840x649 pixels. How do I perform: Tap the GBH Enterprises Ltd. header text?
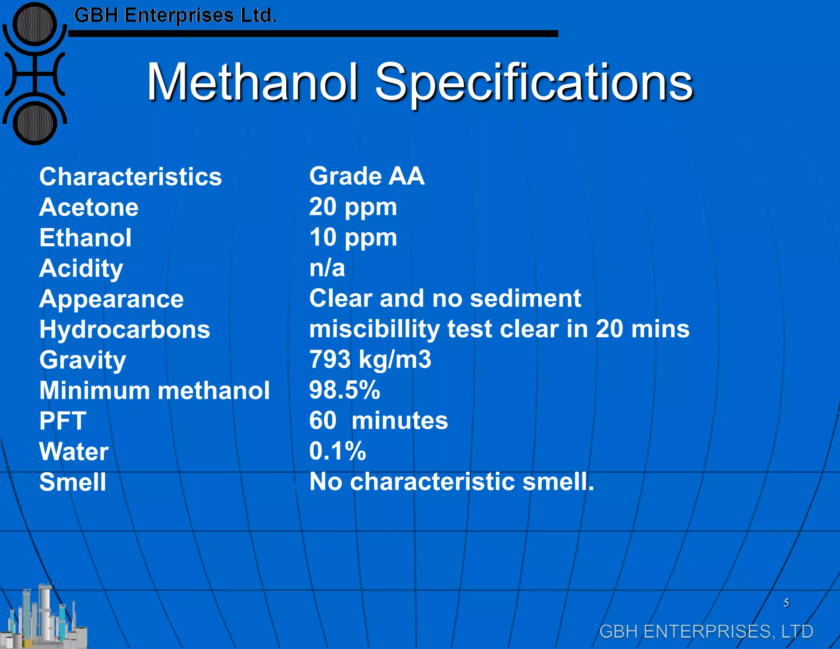tap(175, 16)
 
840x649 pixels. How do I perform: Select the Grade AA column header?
tap(367, 176)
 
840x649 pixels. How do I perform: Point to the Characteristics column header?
tap(130, 177)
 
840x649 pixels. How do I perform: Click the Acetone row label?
tap(89, 207)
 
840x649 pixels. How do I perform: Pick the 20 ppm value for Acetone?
tap(353, 207)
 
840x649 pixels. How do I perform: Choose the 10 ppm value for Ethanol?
tap(353, 238)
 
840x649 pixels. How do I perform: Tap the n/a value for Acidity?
tap(327, 268)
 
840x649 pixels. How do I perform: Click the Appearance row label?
tap(112, 299)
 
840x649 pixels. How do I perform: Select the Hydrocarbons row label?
tap(125, 329)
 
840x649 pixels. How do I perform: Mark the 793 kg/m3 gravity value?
tap(370, 359)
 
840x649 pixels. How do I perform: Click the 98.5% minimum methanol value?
tap(345, 390)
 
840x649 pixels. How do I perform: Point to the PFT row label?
tap(63, 421)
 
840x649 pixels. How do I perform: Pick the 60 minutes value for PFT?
tap(379, 421)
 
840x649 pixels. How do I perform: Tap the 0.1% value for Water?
tap(338, 451)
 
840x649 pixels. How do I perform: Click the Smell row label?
tap(73, 482)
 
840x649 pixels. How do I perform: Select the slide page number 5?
tap(786, 603)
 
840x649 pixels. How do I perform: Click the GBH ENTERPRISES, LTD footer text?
tap(706, 631)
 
